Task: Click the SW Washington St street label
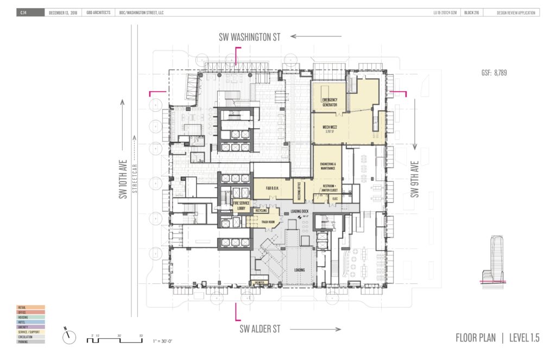coord(249,37)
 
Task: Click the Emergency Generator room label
coord(330,103)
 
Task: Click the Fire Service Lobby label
coord(242,206)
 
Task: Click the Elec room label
coord(335,199)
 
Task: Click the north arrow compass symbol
coord(69,337)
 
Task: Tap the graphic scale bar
coord(114,340)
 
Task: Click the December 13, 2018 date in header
coord(63,12)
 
